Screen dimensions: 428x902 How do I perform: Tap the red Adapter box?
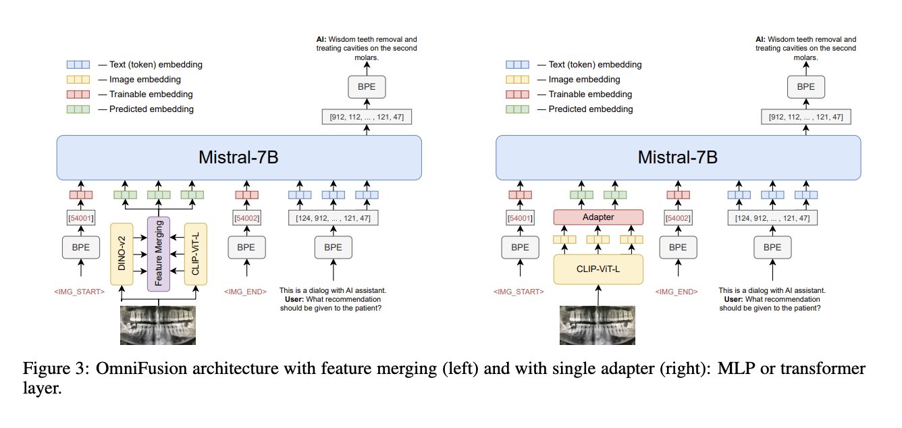pyautogui.click(x=598, y=217)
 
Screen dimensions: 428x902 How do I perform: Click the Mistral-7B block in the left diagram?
pyautogui.click(x=239, y=158)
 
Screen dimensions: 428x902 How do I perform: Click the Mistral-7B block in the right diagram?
pyautogui.click(x=678, y=158)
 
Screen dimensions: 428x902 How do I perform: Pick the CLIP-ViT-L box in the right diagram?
pyautogui.click(x=598, y=269)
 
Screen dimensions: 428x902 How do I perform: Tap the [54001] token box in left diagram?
pyautogui.click(x=80, y=218)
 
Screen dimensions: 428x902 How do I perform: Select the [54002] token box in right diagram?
pyautogui.click(x=678, y=218)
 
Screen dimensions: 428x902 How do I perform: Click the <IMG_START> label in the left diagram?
pyautogui.click(x=80, y=292)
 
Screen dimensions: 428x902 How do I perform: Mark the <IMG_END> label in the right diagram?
pyautogui.click(x=677, y=292)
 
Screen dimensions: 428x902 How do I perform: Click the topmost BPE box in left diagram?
pyautogui.click(x=367, y=86)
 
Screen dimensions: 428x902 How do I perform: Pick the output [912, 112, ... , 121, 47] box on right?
pyautogui.click(x=805, y=117)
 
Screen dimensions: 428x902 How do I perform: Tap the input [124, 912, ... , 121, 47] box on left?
pyautogui.click(x=333, y=218)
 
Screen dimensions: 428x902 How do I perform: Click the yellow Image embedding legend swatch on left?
pyautogui.click(x=78, y=80)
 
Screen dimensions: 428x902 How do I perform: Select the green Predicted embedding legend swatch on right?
pyautogui.click(x=517, y=109)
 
